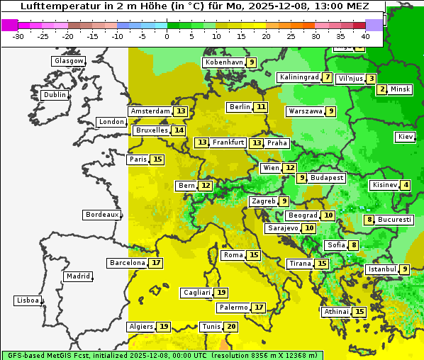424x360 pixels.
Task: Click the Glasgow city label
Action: point(69,61)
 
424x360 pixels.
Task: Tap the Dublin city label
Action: point(55,95)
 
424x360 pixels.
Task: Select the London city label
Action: point(111,122)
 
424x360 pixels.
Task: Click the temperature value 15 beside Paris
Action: point(157,159)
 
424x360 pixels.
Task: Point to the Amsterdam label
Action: point(150,111)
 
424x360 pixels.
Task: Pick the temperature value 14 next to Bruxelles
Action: point(179,130)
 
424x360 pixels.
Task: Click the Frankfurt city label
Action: point(228,142)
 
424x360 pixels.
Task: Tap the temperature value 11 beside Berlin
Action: point(262,107)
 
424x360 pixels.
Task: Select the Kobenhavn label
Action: point(224,62)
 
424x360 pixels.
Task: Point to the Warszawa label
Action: point(306,111)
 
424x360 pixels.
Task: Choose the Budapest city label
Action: point(326,177)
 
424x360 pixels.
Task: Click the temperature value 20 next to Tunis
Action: point(231,327)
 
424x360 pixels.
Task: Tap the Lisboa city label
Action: point(28,300)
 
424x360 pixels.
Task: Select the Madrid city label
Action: point(78,276)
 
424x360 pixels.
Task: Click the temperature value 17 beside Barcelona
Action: point(156,263)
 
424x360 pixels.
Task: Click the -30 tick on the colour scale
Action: point(19,36)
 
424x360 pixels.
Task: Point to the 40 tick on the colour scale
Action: point(365,36)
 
